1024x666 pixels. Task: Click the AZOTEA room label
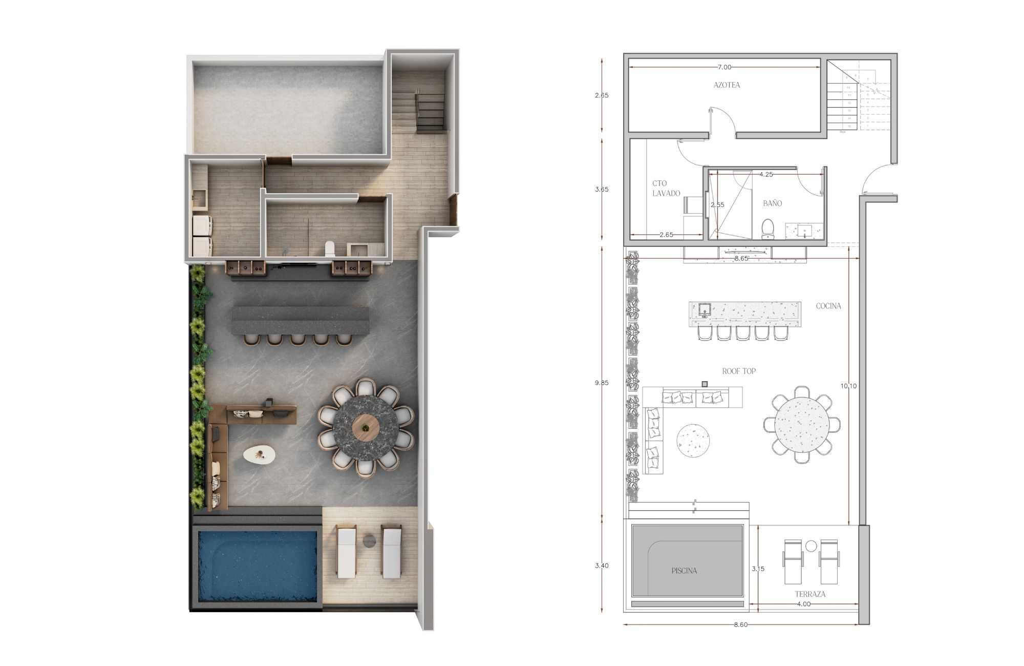tap(727, 85)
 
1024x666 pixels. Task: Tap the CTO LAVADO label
tap(666, 188)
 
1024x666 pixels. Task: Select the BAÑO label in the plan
tap(772, 203)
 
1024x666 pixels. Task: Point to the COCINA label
tap(828, 306)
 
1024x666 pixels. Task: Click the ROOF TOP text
tap(738, 371)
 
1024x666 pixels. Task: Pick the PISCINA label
tap(684, 570)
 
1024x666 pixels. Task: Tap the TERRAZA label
tap(810, 594)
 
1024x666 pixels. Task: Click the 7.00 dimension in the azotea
tap(724, 67)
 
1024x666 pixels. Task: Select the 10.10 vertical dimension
tap(848, 386)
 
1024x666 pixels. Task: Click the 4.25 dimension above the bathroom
tap(766, 174)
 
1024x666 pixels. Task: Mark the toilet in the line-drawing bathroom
tap(767, 228)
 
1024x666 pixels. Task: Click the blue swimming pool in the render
tap(257, 565)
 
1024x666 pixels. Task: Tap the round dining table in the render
tap(365, 427)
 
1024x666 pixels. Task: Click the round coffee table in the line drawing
tap(693, 440)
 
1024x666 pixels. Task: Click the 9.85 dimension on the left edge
tap(603, 383)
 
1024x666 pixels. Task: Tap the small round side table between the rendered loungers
tap(369, 540)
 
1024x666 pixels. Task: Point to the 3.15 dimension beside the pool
tap(758, 569)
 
